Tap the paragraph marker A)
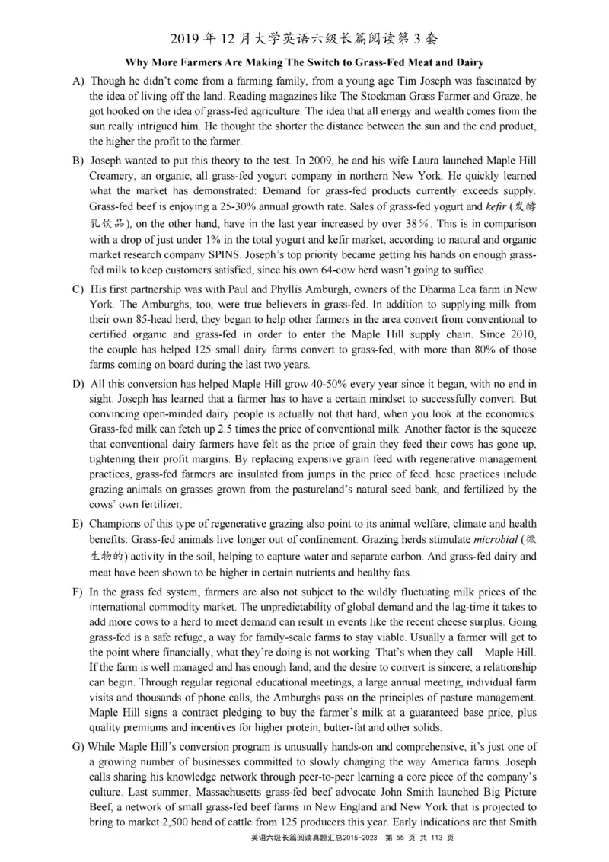tap(78, 81)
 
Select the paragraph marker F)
tap(78, 592)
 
